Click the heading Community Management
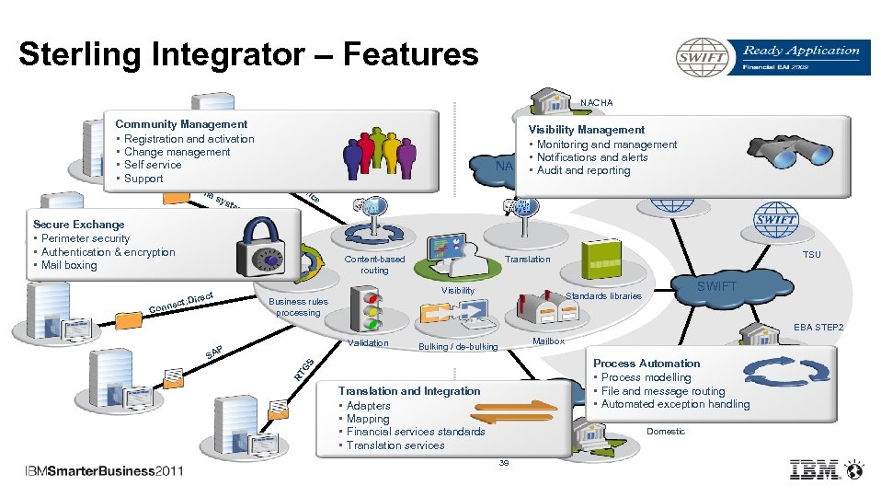click(181, 124)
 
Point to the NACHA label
click(596, 102)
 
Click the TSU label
click(812, 255)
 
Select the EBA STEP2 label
click(819, 328)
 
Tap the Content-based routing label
click(374, 265)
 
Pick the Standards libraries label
click(603, 296)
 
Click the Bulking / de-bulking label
click(458, 347)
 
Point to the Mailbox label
click(549, 341)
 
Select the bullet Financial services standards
click(416, 432)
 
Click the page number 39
click(503, 463)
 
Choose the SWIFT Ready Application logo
click(769, 57)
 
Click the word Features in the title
click(411, 55)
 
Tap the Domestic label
click(666, 431)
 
